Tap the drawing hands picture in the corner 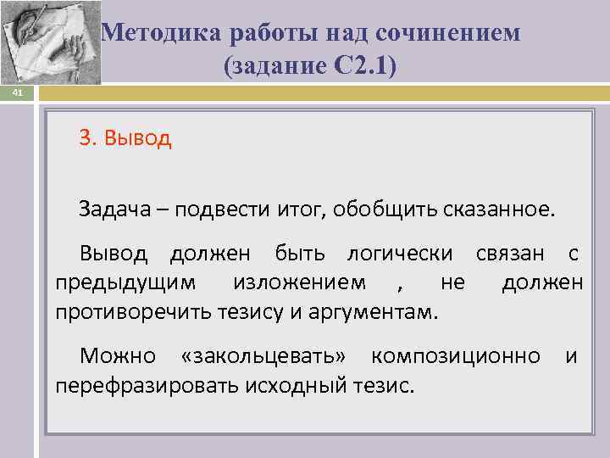coord(51,42)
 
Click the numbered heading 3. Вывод coord(125,138)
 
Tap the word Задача coord(114,209)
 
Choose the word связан coord(507,254)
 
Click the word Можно coord(117,356)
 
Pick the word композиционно coord(456,356)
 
